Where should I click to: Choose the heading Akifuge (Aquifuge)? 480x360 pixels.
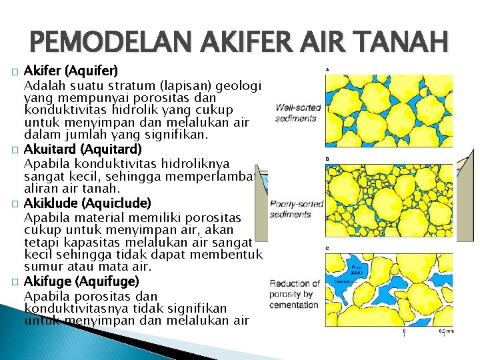pyautogui.click(x=81, y=281)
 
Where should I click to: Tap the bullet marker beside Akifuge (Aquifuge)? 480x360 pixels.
pyautogui.click(x=14, y=281)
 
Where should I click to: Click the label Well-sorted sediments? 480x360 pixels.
pyautogui.click(x=298, y=113)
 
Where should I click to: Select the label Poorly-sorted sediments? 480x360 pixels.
pyautogui.click(x=297, y=209)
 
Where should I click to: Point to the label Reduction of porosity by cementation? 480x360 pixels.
pyautogui.click(x=295, y=294)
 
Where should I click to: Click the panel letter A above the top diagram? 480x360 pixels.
pyautogui.click(x=326, y=69)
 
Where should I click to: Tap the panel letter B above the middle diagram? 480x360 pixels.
pyautogui.click(x=326, y=159)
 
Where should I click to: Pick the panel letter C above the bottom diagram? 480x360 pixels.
pyautogui.click(x=326, y=248)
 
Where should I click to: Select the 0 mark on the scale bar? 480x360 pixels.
pyautogui.click(x=404, y=331)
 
